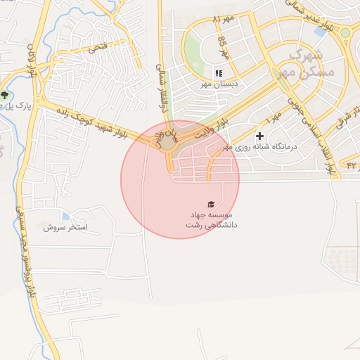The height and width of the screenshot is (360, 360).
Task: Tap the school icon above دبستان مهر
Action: coord(218,72)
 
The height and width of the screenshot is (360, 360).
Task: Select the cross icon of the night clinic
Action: coord(260,135)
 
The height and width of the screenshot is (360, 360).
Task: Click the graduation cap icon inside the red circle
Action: coord(212,203)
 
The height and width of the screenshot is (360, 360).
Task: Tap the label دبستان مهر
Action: coord(219,84)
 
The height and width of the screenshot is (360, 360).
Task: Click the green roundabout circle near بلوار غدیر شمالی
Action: coord(345,32)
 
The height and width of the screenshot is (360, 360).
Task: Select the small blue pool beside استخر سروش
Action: coord(66,216)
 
